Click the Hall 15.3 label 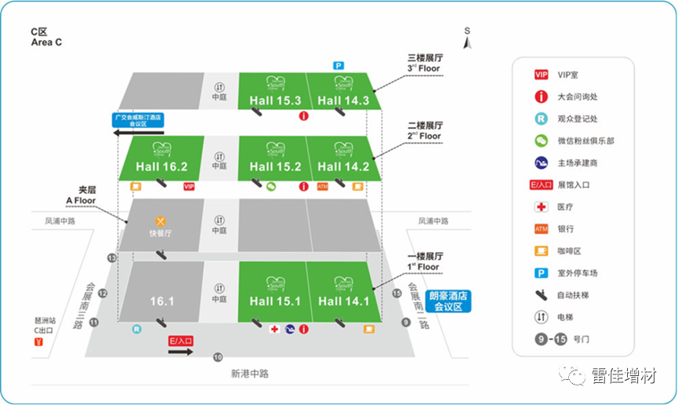pos(275,100)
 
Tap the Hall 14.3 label pos(343,100)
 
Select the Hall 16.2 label pos(161,166)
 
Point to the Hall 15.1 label pos(275,301)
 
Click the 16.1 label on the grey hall pos(161,301)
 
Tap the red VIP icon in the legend pos(541,75)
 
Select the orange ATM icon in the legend pos(541,228)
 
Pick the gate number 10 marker pos(218,357)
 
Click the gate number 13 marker pos(112,257)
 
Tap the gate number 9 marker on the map pos(406,322)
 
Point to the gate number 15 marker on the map pos(397,294)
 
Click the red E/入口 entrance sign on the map pos(181,341)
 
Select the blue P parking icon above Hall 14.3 pos(339,66)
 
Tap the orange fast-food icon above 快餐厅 pos(161,221)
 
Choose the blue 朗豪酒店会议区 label pos(446,301)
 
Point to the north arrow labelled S pos(466,38)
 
